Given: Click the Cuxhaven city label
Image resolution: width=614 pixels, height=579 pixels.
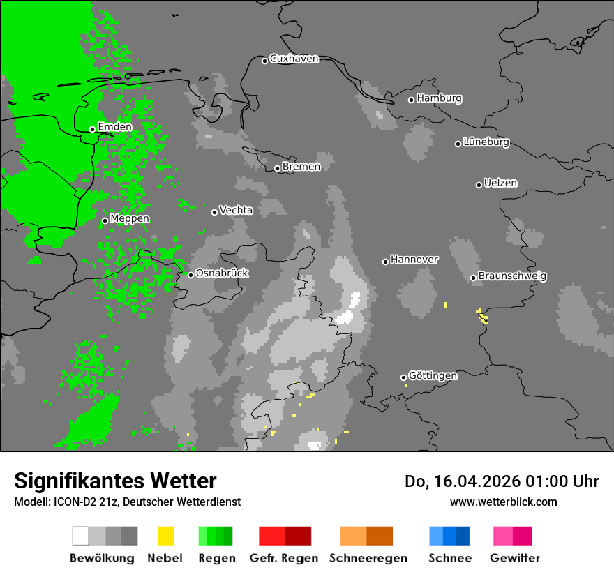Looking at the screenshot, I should [x=294, y=59].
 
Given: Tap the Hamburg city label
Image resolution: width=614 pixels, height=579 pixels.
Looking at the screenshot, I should [x=439, y=98].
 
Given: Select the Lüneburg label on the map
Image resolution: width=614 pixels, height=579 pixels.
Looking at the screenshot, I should [x=486, y=142].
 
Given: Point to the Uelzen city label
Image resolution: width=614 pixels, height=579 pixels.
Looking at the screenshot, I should [x=500, y=183].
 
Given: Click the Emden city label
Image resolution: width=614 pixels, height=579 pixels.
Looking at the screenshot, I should [x=114, y=127].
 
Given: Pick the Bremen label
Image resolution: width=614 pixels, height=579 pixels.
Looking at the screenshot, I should [x=301, y=167].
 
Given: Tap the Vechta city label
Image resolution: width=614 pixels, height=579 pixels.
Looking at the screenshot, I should [x=236, y=210].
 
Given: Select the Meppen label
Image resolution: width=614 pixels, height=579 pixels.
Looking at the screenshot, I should [x=130, y=219].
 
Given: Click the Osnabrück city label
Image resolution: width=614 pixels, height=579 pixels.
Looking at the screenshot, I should [x=222, y=273].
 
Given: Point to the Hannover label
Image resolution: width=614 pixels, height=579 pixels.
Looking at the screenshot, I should [x=414, y=260].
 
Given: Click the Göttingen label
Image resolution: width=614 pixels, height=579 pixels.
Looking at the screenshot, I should [x=433, y=376].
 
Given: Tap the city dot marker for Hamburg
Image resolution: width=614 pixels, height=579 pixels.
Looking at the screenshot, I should [x=412, y=100].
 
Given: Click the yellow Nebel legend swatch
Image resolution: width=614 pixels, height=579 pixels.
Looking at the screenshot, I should [x=165, y=536].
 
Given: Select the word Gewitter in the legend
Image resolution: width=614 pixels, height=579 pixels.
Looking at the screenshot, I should [x=515, y=558].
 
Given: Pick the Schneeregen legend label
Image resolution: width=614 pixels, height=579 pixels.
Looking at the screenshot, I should [x=368, y=558].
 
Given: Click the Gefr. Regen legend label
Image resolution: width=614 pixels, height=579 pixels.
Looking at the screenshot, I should [x=284, y=558].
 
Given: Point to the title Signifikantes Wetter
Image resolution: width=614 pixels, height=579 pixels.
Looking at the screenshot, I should [x=115, y=481].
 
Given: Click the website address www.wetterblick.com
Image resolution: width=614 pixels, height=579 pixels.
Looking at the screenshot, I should [x=503, y=502].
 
